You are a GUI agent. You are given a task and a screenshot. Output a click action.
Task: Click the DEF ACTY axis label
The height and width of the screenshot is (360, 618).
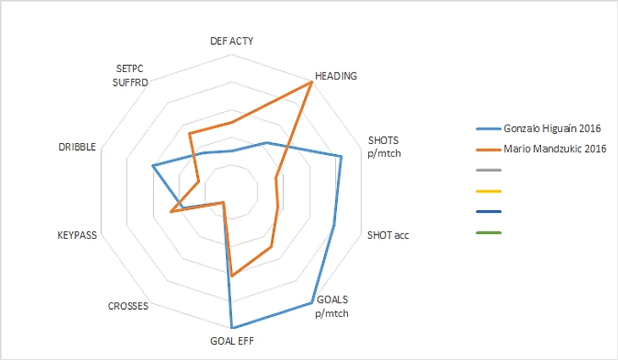coord(231,41)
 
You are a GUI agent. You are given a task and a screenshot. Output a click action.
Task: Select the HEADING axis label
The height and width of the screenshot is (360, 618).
coord(335,75)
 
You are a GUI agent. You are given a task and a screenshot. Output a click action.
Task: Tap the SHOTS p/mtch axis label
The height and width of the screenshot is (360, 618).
coord(383,146)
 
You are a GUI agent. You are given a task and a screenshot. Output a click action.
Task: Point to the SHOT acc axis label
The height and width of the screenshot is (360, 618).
coord(388,235)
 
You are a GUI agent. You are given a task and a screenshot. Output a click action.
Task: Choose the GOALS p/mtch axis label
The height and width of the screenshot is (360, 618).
coord(331,305)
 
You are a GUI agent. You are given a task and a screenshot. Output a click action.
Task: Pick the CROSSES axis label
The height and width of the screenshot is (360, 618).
coord(129,306)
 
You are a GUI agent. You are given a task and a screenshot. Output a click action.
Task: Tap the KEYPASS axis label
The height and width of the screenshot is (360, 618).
coord(77,235)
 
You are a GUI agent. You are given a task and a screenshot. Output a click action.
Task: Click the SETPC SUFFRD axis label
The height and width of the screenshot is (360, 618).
coord(131,75)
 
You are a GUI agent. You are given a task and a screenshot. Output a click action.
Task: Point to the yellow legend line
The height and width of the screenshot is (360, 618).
coord(489,191)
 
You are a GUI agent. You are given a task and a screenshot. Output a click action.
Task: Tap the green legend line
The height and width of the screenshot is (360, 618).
coord(489,232)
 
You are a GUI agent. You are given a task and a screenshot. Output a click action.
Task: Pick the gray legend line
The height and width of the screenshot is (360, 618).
coord(489,170)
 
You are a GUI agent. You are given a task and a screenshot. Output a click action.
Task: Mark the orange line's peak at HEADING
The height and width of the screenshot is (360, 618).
coord(311,82)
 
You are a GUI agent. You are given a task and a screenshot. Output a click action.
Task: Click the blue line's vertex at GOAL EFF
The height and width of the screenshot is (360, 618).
coord(231,328)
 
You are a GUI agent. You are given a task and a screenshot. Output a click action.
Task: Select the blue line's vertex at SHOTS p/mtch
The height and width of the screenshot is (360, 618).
coord(340,157)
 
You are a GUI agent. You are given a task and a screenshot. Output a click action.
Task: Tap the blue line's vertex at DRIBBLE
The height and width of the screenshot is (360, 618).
coord(152,166)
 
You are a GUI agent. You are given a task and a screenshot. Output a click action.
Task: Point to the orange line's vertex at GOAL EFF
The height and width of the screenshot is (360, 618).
coord(231,275)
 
